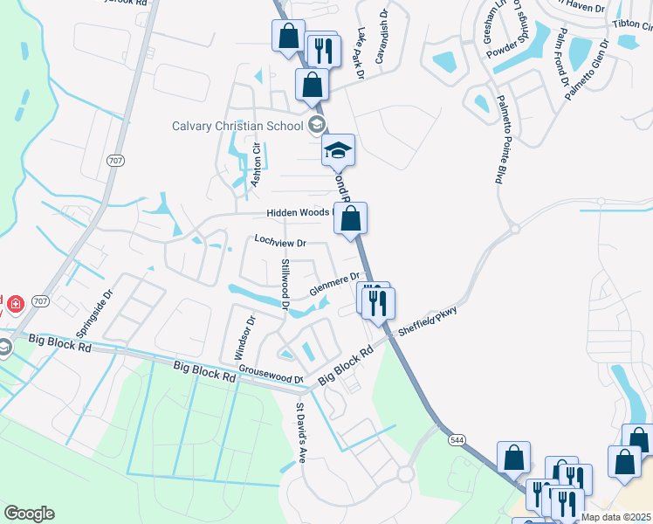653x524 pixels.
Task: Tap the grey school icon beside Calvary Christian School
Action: (316, 125)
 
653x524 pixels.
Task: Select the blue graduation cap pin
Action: (338, 151)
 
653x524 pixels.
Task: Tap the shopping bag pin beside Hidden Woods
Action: (350, 219)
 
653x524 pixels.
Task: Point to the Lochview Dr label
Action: (280, 243)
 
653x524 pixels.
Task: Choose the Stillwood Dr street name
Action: (285, 283)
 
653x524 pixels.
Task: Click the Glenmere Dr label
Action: (334, 285)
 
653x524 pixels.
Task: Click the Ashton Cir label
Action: (257, 165)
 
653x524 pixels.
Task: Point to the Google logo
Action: (29, 514)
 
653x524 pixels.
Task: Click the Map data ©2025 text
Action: (616, 517)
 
